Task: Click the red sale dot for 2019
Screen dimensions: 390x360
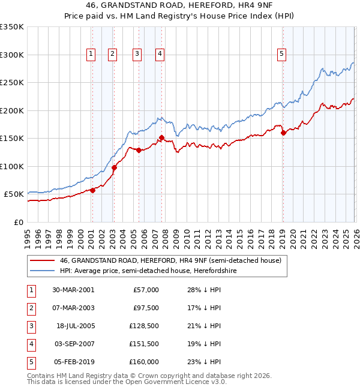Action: pyautogui.click(x=283, y=133)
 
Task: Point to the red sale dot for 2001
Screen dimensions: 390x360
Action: pyautogui.click(x=93, y=190)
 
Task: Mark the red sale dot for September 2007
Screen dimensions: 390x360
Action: pyautogui.click(x=161, y=138)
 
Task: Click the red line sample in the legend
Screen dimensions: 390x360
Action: pyautogui.click(x=43, y=260)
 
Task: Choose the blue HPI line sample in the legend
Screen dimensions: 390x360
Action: pyautogui.click(x=43, y=271)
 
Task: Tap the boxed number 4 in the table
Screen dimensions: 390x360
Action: pyautogui.click(x=31, y=344)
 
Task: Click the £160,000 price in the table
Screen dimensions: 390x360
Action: pyautogui.click(x=144, y=362)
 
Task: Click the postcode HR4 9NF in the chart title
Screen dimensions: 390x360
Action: pyautogui.click(x=232, y=7)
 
